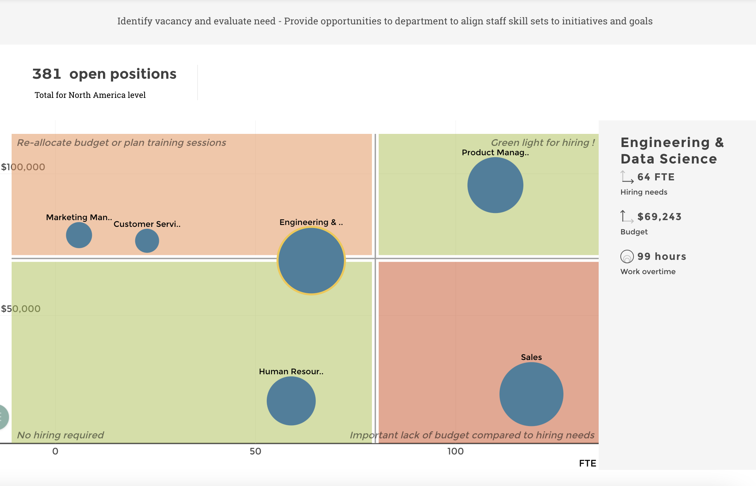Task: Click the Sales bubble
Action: pos(531,394)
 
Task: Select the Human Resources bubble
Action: pos(291,400)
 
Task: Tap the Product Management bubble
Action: pos(495,185)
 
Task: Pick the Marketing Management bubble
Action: pos(79,235)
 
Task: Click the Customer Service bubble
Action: pos(147,240)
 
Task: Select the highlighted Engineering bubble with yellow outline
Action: pos(311,261)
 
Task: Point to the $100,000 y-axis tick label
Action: pos(23,167)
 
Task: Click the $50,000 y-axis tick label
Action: pos(21,309)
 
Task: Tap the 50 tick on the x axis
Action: pos(255,451)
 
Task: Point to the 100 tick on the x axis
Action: pos(456,451)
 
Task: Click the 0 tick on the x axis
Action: pos(55,451)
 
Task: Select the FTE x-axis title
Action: pos(587,463)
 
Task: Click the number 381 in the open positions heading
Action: pos(47,74)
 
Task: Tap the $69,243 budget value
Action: pos(659,217)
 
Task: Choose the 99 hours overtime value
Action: pos(662,256)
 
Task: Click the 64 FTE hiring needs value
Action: pos(656,177)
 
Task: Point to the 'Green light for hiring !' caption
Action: pos(542,142)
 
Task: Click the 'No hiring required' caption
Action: pos(60,435)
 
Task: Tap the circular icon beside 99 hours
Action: pos(627,256)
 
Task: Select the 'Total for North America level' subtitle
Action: pos(90,95)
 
